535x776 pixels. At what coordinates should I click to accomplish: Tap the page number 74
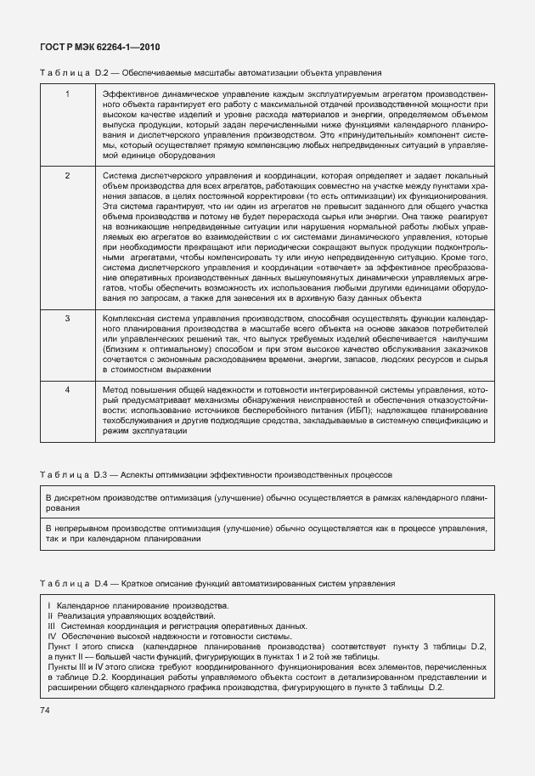(46, 710)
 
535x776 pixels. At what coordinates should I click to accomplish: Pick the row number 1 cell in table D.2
(67, 93)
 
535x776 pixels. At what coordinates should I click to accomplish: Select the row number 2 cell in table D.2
(67, 175)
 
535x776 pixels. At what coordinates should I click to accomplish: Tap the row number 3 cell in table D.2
(67, 317)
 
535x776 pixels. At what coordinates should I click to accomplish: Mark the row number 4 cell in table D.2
(67, 388)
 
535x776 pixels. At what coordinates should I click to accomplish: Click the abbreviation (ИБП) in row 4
(358, 410)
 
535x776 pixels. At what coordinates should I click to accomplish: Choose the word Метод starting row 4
(113, 388)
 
